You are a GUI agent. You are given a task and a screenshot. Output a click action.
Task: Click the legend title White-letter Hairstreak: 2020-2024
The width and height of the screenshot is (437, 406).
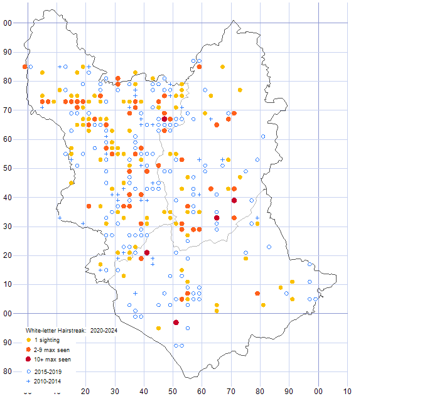tap(71, 329)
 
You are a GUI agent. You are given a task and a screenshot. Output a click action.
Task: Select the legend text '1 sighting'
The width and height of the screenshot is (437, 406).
tap(48, 340)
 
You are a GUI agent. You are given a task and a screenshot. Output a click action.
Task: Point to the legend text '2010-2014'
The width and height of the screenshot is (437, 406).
tap(48, 380)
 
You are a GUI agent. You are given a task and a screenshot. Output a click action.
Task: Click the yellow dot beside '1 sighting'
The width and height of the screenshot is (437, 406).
tap(28, 340)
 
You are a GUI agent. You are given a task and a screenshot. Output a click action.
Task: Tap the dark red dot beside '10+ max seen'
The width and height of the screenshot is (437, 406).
tap(28, 360)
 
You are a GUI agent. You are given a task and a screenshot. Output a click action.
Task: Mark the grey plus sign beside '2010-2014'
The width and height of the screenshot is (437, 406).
tap(28, 380)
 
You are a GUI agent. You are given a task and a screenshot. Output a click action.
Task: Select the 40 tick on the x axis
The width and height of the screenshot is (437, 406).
tap(144, 392)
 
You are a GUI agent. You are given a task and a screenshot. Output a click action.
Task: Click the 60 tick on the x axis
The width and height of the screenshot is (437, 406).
tap(202, 392)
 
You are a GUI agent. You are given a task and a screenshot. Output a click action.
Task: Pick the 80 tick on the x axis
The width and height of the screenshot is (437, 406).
tap(260, 392)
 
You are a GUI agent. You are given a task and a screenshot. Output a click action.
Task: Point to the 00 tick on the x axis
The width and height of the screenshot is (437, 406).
tap(318, 392)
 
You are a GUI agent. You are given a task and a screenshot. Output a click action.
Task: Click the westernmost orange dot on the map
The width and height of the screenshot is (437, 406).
tap(25, 67)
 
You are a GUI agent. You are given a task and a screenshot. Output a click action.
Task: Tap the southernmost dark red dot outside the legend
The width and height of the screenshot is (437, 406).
tap(176, 322)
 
